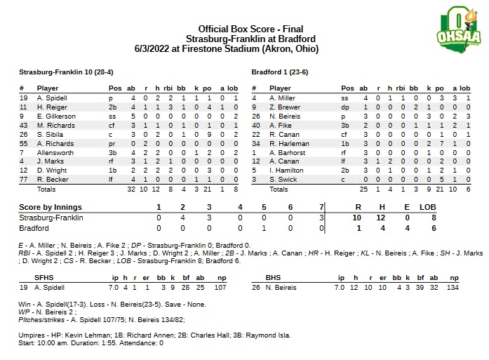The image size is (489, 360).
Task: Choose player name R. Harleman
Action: [286, 143]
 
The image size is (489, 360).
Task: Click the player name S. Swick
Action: [281, 180]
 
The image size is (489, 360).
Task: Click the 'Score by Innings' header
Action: [50, 207]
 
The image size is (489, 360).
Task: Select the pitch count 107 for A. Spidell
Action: [222, 288]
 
